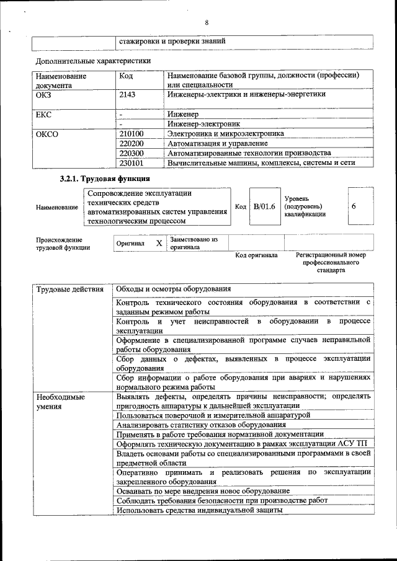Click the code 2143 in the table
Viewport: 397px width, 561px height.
tap(127, 95)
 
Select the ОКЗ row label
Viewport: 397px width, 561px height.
tap(43, 95)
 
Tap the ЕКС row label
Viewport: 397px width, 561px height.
tap(43, 115)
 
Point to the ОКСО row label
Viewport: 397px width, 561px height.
tap(47, 133)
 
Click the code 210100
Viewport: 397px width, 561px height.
tap(131, 133)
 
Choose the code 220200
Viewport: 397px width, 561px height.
tap(131, 143)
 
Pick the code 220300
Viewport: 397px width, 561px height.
tap(131, 153)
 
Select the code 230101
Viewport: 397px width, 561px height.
tap(131, 163)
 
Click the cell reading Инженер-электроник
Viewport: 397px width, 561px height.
tap(204, 124)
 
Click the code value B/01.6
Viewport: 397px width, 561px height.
tap(264, 206)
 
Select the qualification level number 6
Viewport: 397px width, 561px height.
tap(354, 206)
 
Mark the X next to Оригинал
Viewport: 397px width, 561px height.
tap(159, 244)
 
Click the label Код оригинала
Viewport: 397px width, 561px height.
tap(257, 255)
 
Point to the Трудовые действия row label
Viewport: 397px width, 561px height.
tap(70, 289)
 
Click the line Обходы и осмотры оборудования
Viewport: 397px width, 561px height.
tap(174, 289)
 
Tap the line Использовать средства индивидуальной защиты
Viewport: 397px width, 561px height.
tap(199, 510)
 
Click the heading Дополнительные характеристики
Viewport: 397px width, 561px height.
tap(93, 61)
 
